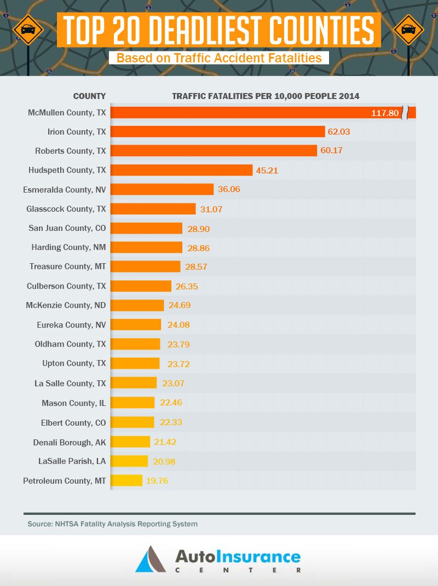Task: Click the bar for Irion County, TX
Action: click(x=217, y=131)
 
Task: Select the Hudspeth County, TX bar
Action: click(x=181, y=170)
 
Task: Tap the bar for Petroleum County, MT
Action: click(x=126, y=480)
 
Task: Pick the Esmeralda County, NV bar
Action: click(x=162, y=189)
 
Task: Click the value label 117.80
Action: click(x=385, y=113)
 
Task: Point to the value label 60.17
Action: click(x=331, y=150)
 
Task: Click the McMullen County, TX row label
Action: click(x=67, y=112)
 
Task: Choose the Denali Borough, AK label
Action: click(x=70, y=442)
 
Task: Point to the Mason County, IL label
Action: click(x=73, y=403)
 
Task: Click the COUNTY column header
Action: click(x=89, y=96)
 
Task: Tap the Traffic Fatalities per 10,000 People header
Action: click(x=266, y=96)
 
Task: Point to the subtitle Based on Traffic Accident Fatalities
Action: click(x=218, y=57)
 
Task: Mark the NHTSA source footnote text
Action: click(x=112, y=524)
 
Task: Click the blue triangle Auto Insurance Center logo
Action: click(x=150, y=559)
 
